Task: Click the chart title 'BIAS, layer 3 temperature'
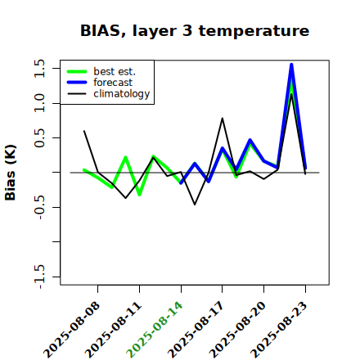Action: [x=195, y=31]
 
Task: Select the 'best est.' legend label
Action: [x=115, y=71]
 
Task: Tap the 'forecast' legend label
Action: [x=113, y=83]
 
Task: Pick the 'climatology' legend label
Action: [x=122, y=94]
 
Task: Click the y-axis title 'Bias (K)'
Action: [x=11, y=173]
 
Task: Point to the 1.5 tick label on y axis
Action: [x=39, y=68]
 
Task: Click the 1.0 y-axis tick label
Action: [x=39, y=103]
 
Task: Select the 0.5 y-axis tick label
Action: [x=39, y=137]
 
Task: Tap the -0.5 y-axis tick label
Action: [x=39, y=207]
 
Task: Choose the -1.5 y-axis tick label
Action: [x=39, y=277]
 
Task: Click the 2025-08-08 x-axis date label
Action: [x=71, y=330]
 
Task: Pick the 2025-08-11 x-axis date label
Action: [x=113, y=330]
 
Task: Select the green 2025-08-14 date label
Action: [x=155, y=330]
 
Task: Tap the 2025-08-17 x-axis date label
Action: [x=196, y=330]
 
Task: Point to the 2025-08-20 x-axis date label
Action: [x=237, y=330]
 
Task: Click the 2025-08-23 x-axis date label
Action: [x=279, y=330]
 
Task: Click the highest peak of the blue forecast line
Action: [x=291, y=65]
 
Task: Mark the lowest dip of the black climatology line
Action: [x=195, y=205]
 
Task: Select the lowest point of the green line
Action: [x=139, y=195]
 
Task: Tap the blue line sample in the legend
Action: [x=77, y=83]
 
